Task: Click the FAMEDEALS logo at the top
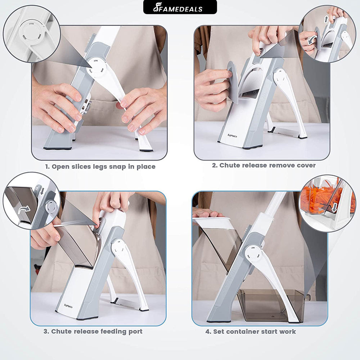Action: (x=180, y=7)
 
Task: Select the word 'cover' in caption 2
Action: (x=306, y=165)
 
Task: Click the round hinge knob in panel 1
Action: (x=96, y=68)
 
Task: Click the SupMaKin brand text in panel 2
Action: (x=232, y=136)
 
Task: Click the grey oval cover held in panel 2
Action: (x=233, y=82)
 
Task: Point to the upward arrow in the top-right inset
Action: (x=326, y=19)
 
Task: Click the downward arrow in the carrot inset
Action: (x=334, y=207)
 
